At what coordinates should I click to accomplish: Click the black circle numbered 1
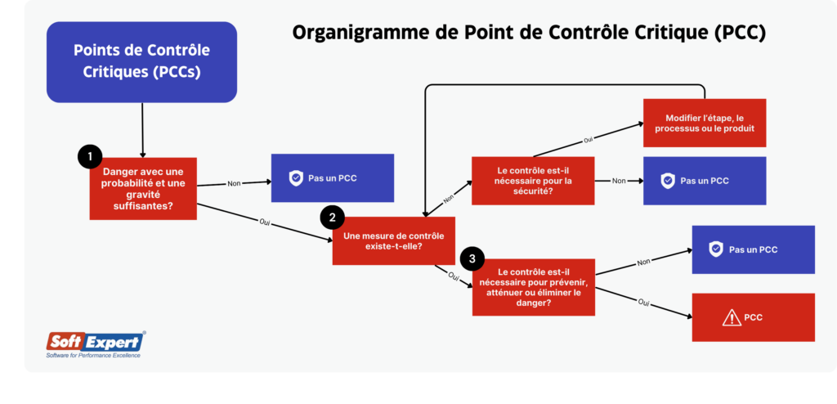pos(89,155)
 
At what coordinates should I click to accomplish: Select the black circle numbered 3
pos(472,259)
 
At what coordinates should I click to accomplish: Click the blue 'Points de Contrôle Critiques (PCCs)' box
pos(142,61)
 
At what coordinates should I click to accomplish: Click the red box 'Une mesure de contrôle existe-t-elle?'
pos(394,240)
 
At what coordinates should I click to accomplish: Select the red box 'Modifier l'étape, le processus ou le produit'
pos(704,123)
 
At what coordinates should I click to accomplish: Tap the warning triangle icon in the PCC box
pos(709,317)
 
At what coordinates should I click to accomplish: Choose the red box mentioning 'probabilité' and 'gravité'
pos(143,188)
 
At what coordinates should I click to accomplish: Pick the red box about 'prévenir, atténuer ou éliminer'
pos(534,287)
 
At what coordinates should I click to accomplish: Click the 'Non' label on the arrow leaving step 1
pos(235,183)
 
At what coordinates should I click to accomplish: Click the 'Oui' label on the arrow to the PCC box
pos(643,303)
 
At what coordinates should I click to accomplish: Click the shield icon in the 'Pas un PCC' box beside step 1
pos(296,177)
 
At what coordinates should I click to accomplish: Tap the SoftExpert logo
pos(96,341)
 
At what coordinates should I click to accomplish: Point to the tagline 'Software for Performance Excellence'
pos(93,355)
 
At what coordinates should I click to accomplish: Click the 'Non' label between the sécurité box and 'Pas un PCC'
pos(619,181)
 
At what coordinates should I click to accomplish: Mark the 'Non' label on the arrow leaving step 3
pos(643,263)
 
